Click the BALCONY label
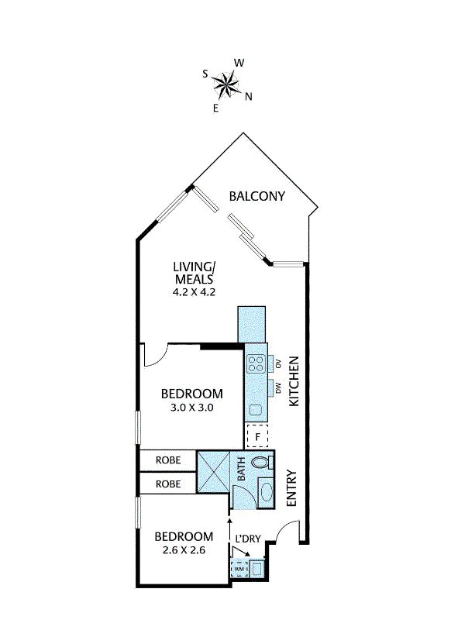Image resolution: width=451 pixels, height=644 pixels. [256, 196]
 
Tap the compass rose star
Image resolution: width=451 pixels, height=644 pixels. [226, 85]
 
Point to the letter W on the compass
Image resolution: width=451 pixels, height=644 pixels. [239, 63]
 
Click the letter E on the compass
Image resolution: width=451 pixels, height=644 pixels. [215, 108]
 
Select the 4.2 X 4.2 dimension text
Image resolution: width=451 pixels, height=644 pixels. [194, 292]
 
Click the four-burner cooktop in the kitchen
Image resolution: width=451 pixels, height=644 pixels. [256, 364]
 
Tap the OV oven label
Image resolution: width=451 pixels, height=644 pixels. [278, 363]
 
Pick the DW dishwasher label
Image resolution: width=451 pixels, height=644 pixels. [278, 388]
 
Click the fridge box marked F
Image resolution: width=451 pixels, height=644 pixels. [257, 436]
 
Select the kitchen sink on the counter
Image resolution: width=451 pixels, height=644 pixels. [256, 410]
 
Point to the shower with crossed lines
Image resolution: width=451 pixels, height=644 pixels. [213, 471]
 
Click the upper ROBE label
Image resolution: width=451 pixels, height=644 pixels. [168, 460]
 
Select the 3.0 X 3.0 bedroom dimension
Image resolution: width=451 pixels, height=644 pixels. [192, 408]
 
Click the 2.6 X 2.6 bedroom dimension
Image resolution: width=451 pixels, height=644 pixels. [184, 550]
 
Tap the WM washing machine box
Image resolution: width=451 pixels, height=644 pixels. [239, 569]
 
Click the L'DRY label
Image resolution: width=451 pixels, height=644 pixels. [248, 539]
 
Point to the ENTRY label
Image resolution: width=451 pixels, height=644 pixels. [291, 488]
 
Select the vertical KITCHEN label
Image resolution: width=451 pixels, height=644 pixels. [294, 381]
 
